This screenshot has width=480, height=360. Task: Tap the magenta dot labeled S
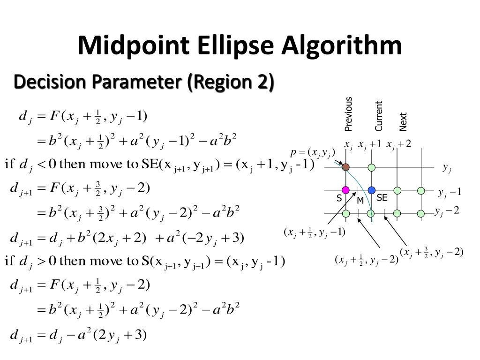point(345,190)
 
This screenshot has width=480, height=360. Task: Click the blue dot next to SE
point(372,190)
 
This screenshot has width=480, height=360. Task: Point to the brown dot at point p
point(345,167)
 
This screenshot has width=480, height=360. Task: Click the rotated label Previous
point(348,114)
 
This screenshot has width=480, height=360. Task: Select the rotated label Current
point(379,116)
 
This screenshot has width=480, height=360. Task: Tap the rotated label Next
point(403,121)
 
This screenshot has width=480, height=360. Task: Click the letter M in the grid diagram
point(360,201)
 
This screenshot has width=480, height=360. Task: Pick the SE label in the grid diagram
point(382,198)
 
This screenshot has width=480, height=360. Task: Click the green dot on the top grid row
point(372,167)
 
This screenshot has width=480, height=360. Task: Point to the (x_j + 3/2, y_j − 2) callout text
point(432,252)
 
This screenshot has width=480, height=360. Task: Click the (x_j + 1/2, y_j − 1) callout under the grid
point(314,232)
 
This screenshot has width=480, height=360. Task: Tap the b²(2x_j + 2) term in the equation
point(110,238)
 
